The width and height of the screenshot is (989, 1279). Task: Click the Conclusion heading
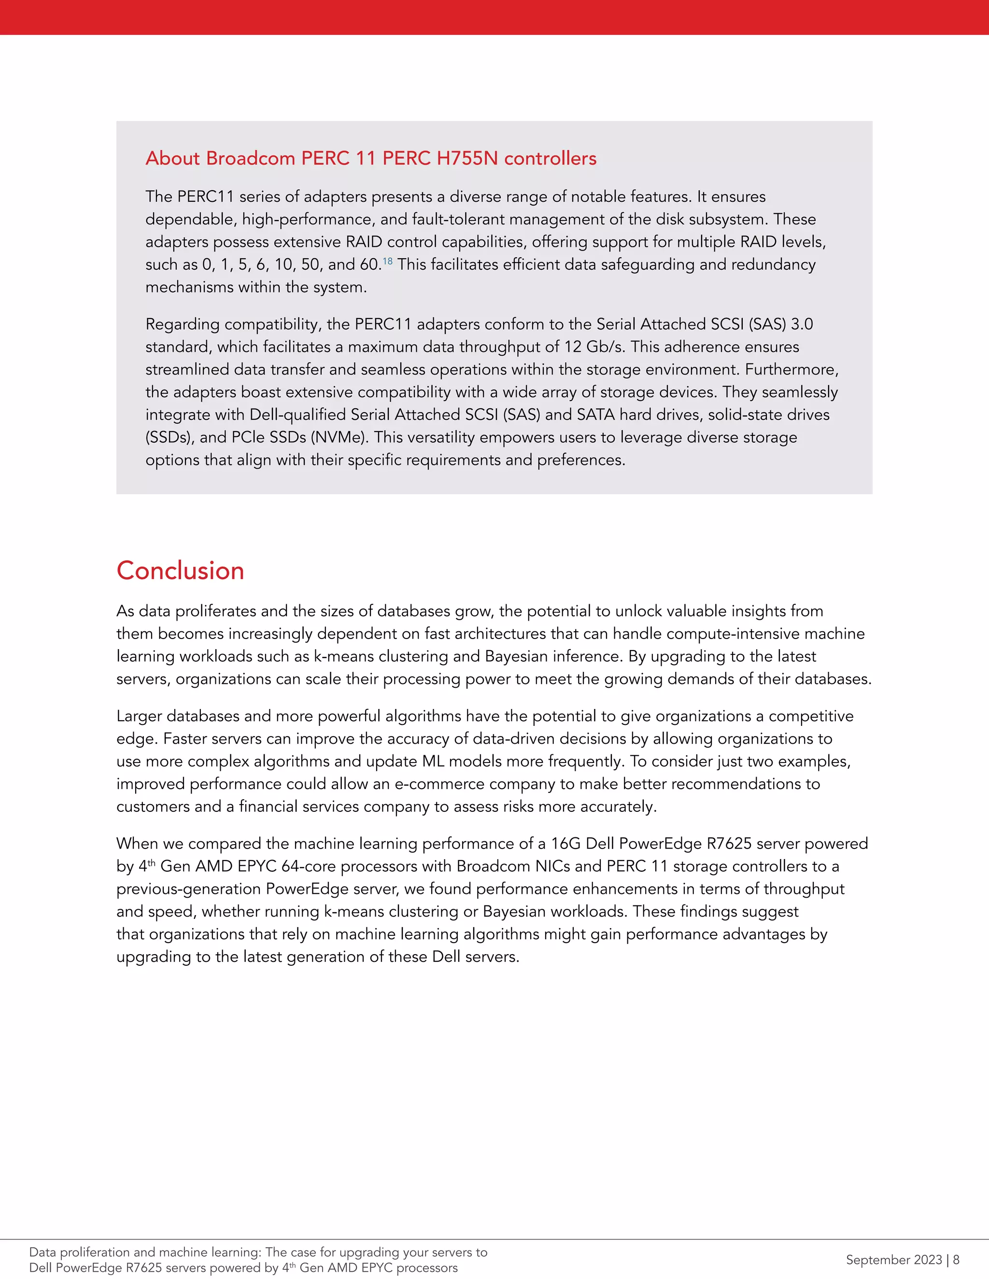pos(180,570)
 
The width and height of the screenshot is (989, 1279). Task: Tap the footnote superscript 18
pos(387,261)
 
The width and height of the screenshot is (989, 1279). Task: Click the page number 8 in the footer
pos(956,1259)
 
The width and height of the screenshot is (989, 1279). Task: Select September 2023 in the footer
pos(893,1259)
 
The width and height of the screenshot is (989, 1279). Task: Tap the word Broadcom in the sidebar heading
pos(251,158)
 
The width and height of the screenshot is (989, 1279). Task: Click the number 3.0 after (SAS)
pos(802,324)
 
